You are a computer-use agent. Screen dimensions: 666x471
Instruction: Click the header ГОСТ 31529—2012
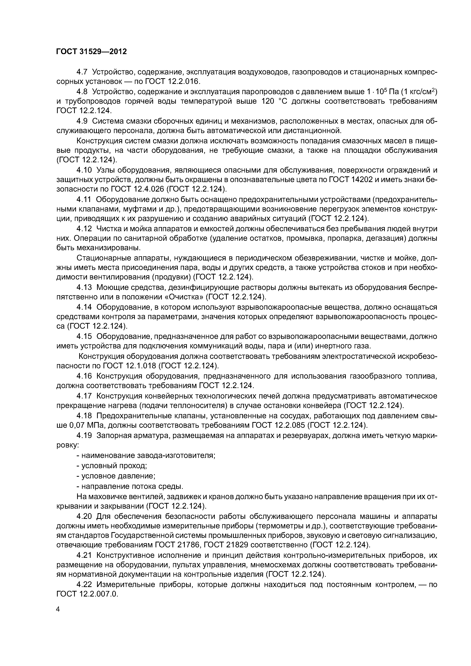[x=91, y=52]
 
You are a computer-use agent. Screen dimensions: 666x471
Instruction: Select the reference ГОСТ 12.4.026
[x=137, y=189]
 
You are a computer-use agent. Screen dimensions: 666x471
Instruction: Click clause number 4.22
[x=84, y=584]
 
